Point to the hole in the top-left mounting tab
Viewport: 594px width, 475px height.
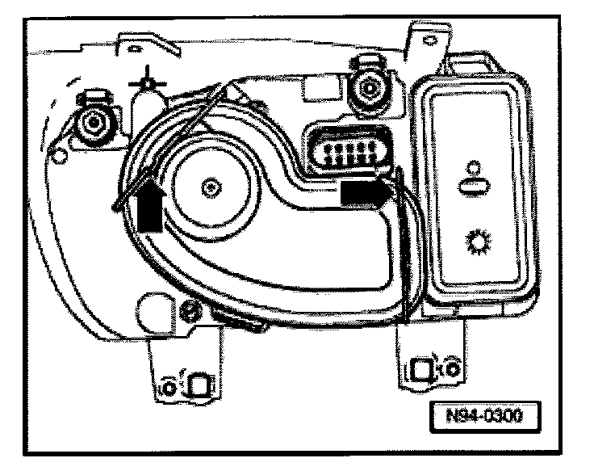[x=129, y=46]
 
